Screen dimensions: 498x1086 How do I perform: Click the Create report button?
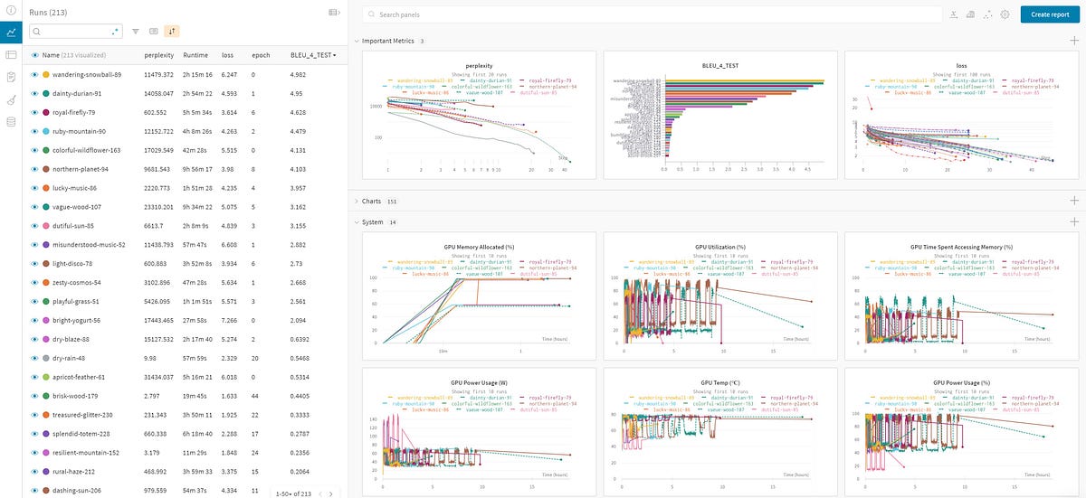(1049, 14)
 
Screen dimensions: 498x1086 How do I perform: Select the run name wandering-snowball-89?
(88, 74)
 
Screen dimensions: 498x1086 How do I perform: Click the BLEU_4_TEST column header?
(312, 55)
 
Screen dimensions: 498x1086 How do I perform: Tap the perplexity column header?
(158, 55)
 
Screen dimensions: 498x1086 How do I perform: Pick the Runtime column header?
(195, 55)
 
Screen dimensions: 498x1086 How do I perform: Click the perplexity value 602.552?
(157, 112)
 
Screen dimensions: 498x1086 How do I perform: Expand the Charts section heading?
(372, 201)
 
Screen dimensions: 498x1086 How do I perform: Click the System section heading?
(372, 221)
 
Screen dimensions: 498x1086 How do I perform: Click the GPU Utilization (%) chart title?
(719, 247)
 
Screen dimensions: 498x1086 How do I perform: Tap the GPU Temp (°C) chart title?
(719, 382)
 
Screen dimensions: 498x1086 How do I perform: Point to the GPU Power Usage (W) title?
(479, 382)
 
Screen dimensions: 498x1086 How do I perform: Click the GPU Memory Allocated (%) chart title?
(479, 247)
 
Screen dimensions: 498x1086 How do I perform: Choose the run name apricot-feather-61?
(80, 377)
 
